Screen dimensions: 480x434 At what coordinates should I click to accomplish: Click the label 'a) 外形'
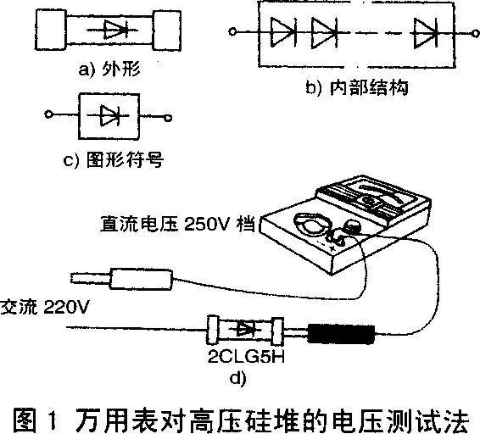coord(109,70)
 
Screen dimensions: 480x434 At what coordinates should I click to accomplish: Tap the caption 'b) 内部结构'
coord(357,88)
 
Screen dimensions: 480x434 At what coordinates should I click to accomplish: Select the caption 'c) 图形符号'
coord(113,159)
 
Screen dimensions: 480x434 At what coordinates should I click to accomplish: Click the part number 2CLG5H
coord(246,356)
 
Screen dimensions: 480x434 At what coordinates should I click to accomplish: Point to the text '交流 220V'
coord(45,307)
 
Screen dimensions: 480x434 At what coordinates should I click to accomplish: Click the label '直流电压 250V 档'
coord(177,225)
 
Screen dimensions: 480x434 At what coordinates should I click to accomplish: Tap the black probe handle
coord(341,334)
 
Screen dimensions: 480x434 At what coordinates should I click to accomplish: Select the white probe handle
coord(141,279)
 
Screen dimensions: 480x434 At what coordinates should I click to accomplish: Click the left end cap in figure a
coord(51,30)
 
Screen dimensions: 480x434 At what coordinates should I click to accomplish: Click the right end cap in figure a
coord(166,30)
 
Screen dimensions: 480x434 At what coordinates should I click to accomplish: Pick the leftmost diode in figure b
coord(283,32)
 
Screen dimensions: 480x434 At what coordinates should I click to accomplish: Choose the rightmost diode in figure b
coord(426,33)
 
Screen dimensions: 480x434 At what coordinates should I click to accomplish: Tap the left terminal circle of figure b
coord(232,31)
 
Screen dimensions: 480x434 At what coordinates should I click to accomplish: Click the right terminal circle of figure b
coord(476,33)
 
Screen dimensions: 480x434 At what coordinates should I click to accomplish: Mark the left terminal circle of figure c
coord(48,114)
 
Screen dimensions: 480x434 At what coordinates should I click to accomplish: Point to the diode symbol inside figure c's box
coord(109,115)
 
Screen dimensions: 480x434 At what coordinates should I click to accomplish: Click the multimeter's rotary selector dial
coord(312,224)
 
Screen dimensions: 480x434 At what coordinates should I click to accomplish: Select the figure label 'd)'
coord(237,379)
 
